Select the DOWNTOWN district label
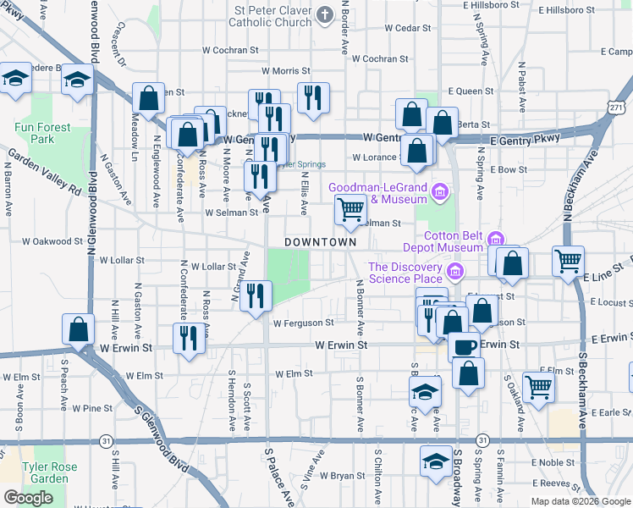click(x=320, y=242)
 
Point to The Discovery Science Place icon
click(x=455, y=272)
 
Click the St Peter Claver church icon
click(x=326, y=15)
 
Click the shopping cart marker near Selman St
click(x=350, y=209)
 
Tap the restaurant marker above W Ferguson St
click(x=255, y=296)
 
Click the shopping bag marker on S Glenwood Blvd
click(x=78, y=329)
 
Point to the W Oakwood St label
click(x=52, y=241)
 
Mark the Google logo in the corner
click(x=28, y=499)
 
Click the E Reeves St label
click(x=553, y=483)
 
